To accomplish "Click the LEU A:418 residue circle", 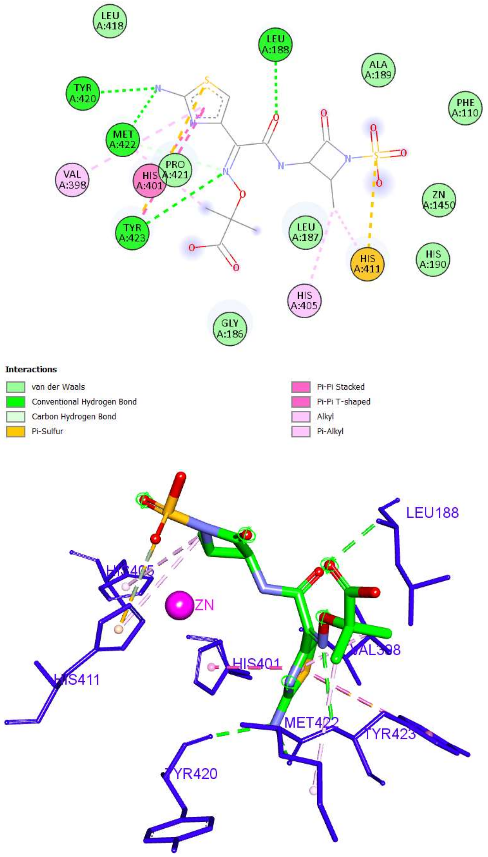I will [110, 21].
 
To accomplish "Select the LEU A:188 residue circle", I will [275, 44].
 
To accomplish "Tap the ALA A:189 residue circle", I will [378, 70].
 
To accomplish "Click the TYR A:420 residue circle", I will [83, 93].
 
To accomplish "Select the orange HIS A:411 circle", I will [367, 264].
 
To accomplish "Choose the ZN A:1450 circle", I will [439, 200].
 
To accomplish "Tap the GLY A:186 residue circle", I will [230, 328].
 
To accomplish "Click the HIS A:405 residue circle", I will [304, 300].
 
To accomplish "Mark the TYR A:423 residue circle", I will [132, 233].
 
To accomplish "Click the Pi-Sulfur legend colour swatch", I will [15, 431].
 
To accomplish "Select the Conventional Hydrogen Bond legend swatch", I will [15, 402].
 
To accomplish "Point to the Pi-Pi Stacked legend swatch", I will [301, 387].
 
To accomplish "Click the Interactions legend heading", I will [31, 369].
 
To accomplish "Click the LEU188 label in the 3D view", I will [432, 513].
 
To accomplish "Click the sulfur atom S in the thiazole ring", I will [207, 81].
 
